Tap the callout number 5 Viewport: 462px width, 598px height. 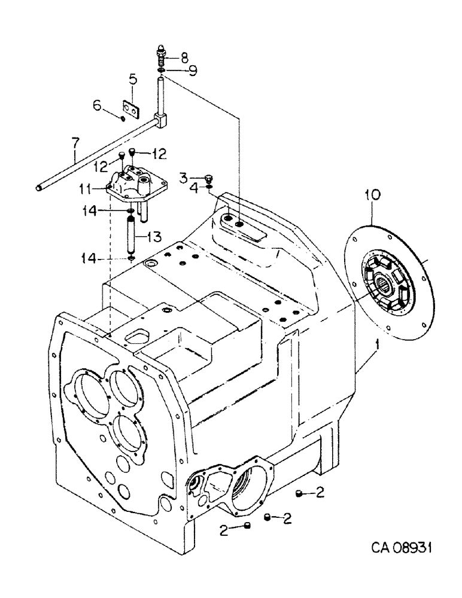pyautogui.click(x=133, y=78)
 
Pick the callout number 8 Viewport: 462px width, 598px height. pyautogui.click(x=184, y=57)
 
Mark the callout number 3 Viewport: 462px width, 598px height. pyautogui.click(x=184, y=178)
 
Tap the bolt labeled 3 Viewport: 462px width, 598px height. pyautogui.click(x=208, y=178)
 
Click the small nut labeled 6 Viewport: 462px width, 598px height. pyautogui.click(x=122, y=118)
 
